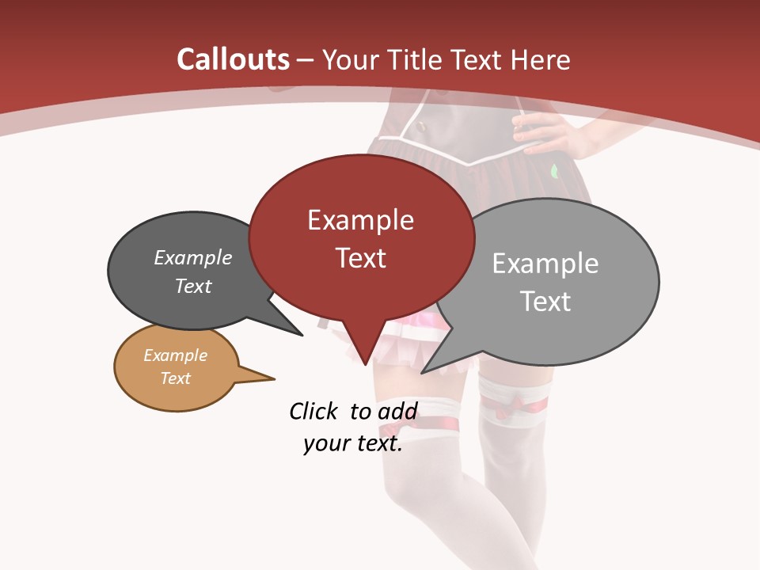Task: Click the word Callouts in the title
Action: (x=234, y=59)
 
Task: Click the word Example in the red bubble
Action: (x=360, y=220)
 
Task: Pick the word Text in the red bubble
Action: (x=360, y=258)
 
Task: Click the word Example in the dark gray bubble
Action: (x=193, y=258)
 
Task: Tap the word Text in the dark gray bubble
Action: (x=193, y=286)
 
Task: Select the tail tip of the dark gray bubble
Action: (x=301, y=334)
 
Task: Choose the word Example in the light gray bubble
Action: (x=545, y=264)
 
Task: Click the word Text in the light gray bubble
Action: (x=545, y=302)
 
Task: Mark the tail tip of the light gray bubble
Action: (x=424, y=371)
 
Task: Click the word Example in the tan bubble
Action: (x=175, y=355)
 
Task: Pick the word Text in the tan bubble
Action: (x=175, y=378)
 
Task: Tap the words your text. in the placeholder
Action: (x=353, y=443)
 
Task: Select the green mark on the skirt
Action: (x=554, y=169)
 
